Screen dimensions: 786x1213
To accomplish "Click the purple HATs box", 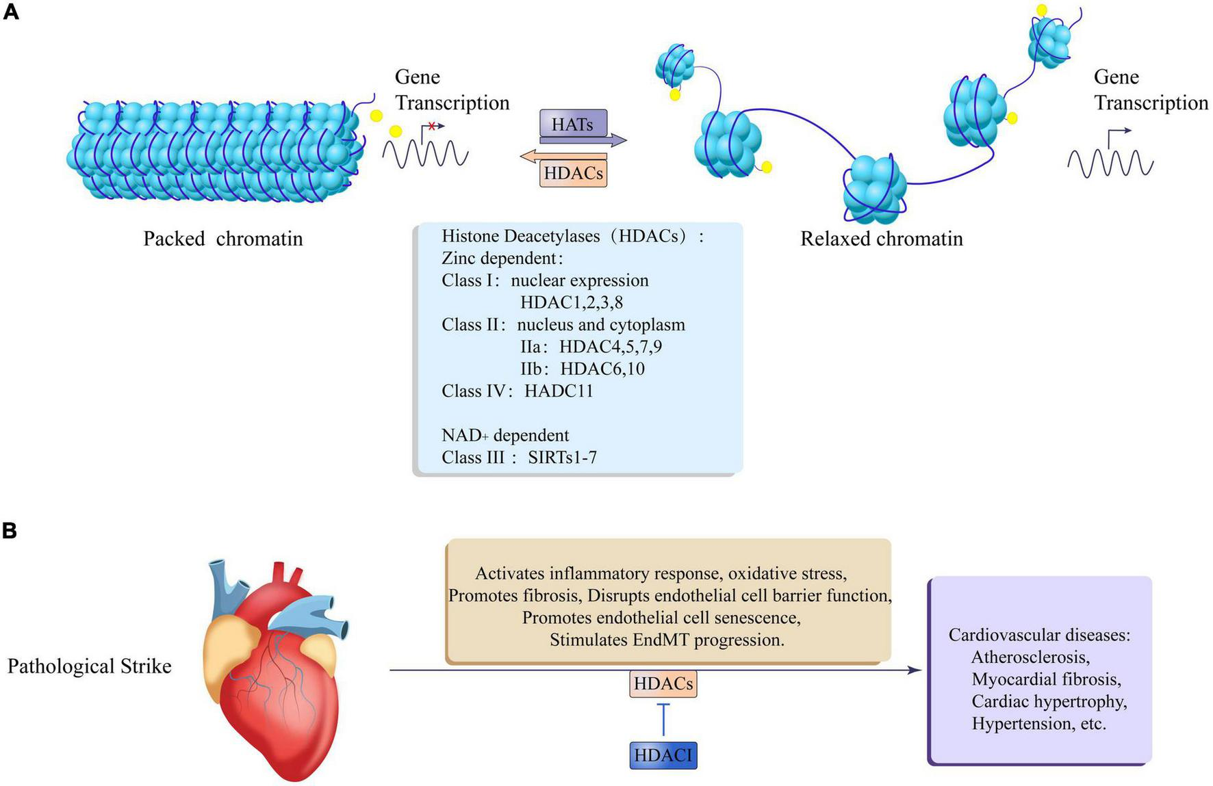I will [x=572, y=124].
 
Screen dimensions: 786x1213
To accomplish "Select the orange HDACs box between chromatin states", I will [x=573, y=173].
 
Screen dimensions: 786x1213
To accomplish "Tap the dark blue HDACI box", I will [x=663, y=755].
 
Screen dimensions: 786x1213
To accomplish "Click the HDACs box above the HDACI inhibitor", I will [x=663, y=683].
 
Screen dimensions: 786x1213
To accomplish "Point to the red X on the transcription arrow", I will [x=431, y=126].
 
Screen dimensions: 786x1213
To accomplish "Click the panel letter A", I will [x=10, y=12].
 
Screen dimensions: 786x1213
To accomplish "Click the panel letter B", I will [x=10, y=530].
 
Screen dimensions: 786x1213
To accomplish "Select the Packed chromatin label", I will [x=222, y=239].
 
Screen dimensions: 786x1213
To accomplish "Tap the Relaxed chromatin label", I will [x=881, y=239].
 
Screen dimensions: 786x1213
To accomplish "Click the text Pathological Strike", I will [x=89, y=666].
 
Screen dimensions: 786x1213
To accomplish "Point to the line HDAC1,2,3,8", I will [x=571, y=302].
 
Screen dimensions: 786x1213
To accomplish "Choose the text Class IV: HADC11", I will [x=517, y=391].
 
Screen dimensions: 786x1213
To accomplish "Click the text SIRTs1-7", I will [x=562, y=457].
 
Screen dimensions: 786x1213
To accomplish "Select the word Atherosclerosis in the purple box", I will [x=1030, y=657].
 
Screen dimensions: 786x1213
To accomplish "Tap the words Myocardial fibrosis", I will [x=1045, y=679].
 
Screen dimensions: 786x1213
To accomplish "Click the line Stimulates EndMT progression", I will [x=667, y=640].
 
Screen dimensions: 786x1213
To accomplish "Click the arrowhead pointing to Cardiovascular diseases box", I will [x=915, y=670].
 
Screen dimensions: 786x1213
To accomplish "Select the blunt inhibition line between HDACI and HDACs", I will [x=663, y=718].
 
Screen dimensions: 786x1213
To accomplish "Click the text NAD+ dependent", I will [x=505, y=435].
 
